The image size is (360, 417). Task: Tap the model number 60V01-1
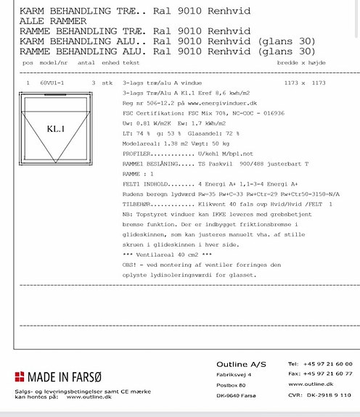coord(52,83)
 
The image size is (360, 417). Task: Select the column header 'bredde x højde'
coord(320,63)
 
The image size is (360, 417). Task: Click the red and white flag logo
coord(19,376)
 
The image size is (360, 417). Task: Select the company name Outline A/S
coord(242,364)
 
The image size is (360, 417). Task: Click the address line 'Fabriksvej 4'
coord(234,374)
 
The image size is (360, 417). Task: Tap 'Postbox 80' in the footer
coord(232,385)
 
